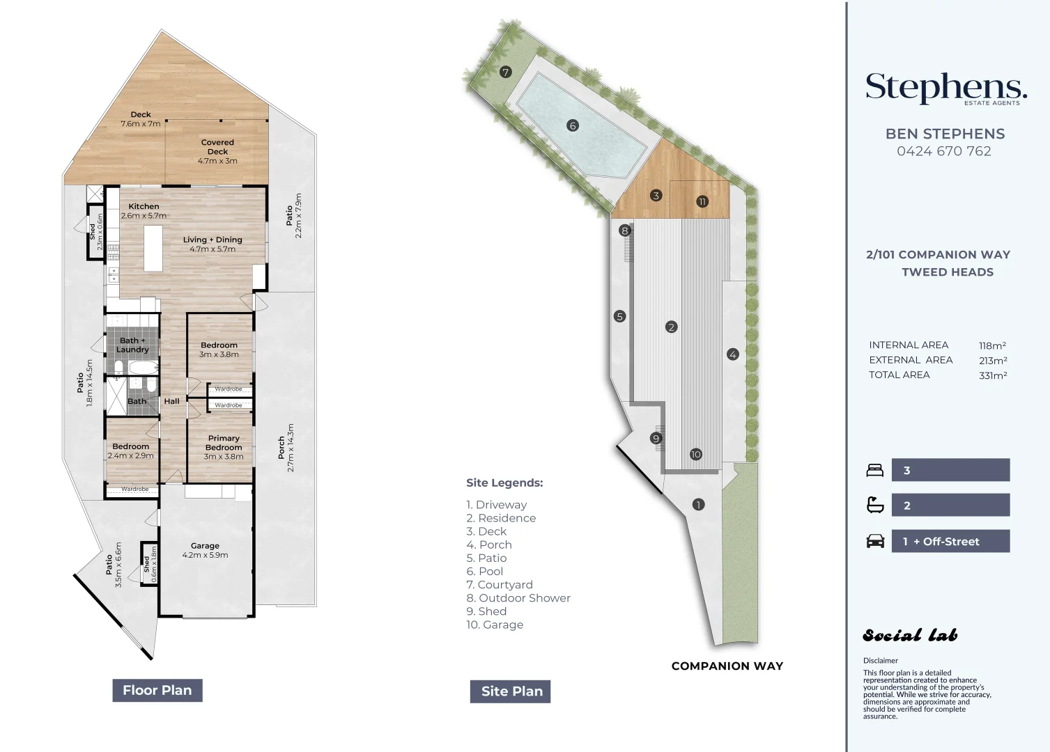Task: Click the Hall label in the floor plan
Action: [x=171, y=401]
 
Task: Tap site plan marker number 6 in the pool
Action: [x=573, y=126]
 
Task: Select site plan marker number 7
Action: [x=506, y=72]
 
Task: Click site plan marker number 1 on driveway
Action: [x=698, y=505]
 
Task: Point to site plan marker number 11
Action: [x=702, y=202]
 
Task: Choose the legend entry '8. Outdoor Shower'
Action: [x=518, y=598]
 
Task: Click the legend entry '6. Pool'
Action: [x=484, y=572]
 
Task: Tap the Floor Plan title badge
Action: [x=157, y=690]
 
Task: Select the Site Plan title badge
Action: [x=511, y=691]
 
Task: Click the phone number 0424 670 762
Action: [x=943, y=151]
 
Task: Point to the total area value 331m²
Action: [x=992, y=375]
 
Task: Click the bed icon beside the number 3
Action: [x=874, y=471]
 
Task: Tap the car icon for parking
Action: [x=875, y=541]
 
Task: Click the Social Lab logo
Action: [x=910, y=635]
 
